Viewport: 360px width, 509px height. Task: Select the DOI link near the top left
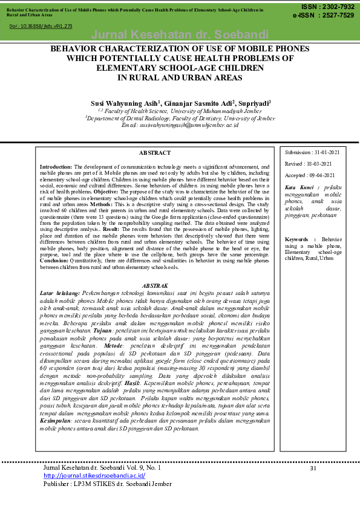[x=41, y=27]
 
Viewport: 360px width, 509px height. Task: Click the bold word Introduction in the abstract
[x=56, y=166]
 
